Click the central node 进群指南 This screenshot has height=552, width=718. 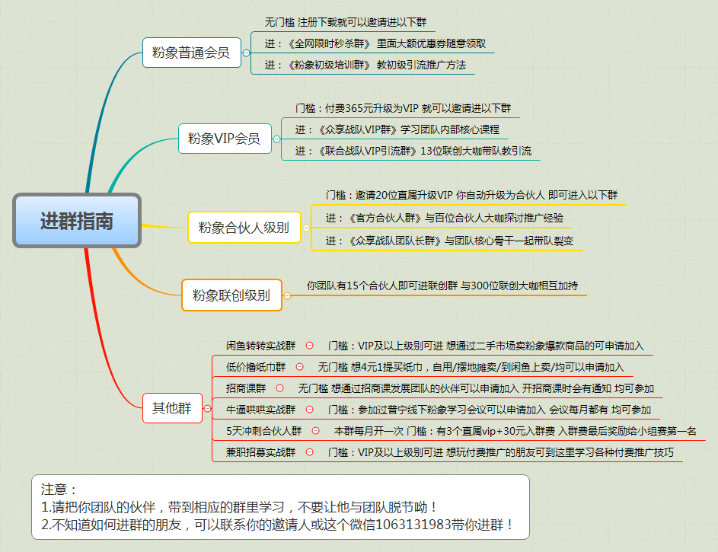77,221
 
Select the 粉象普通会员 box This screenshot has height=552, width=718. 191,53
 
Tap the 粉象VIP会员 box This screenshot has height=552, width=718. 225,139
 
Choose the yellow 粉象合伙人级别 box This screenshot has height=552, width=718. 244,228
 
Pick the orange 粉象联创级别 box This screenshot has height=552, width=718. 231,295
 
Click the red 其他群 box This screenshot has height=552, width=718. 172,408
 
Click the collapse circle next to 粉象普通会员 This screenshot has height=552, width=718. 247,53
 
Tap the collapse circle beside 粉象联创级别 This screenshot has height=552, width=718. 288,295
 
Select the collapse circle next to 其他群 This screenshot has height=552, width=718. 207,408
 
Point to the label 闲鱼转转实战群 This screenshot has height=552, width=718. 260,346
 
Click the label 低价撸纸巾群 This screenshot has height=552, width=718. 256,367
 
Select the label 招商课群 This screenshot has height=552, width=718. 246,388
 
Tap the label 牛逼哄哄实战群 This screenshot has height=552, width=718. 260,410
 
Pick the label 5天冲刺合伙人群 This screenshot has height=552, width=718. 263,431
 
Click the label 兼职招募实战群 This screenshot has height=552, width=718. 260,452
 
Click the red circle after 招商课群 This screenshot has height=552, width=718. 279,388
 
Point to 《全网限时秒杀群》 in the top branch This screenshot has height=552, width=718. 329,43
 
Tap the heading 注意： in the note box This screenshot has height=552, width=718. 59,490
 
